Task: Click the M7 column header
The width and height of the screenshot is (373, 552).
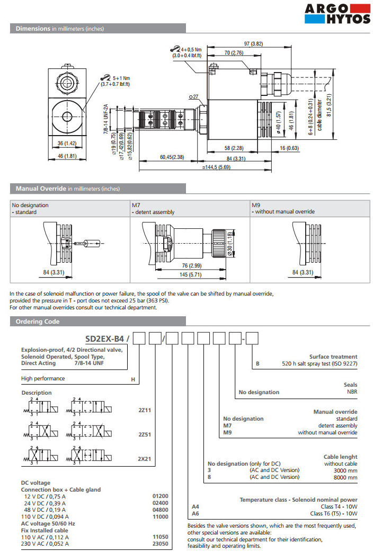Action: click(136, 204)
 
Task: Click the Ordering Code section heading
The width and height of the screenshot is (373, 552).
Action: click(38, 322)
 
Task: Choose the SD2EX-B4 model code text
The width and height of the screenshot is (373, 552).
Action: click(106, 337)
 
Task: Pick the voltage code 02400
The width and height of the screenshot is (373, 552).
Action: click(160, 503)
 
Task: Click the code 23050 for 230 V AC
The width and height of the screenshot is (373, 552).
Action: click(160, 544)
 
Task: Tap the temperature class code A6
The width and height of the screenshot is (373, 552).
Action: click(195, 513)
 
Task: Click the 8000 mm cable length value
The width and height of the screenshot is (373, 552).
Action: click(345, 477)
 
